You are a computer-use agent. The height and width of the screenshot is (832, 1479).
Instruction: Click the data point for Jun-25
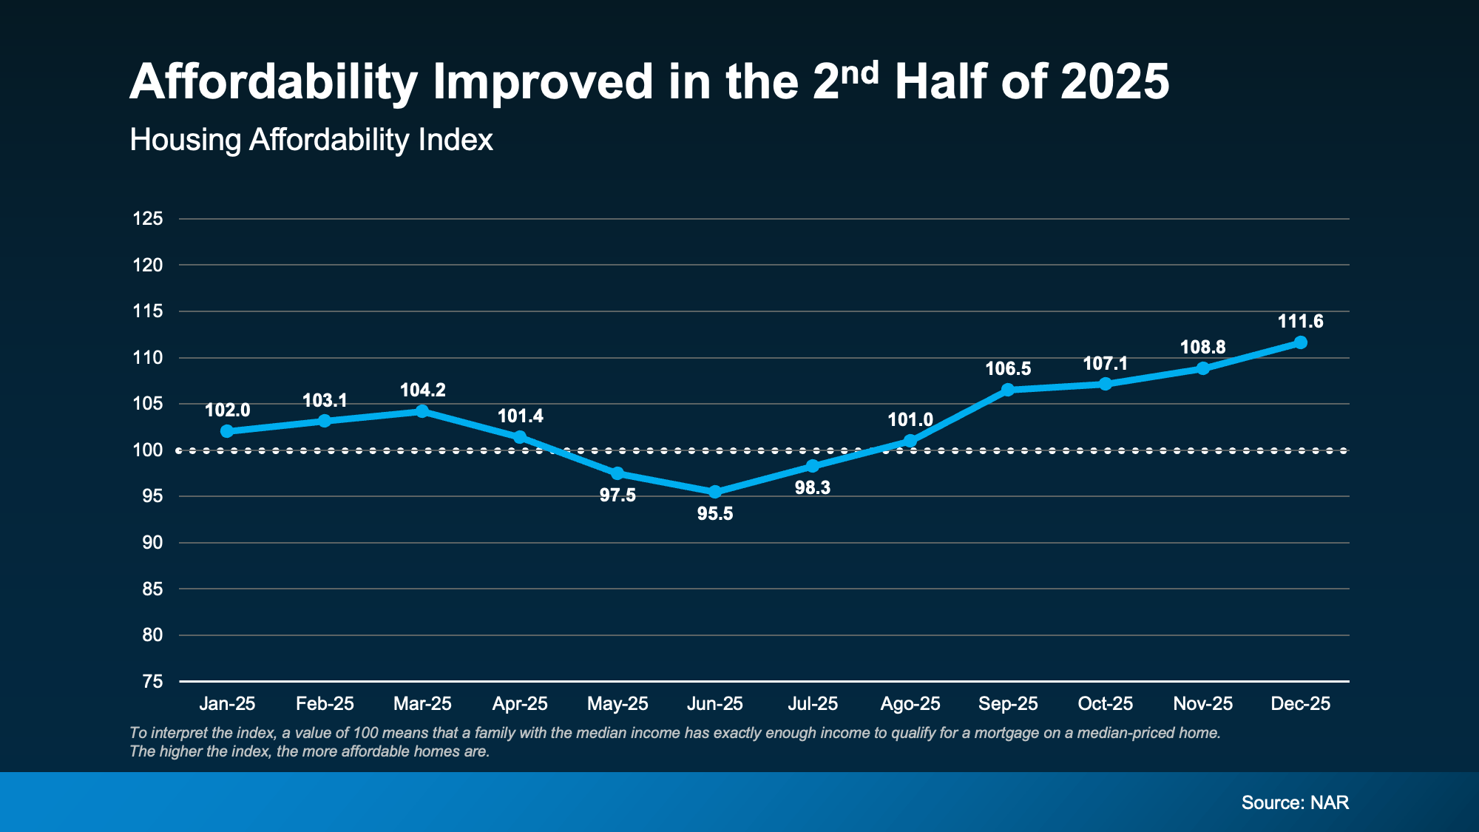[715, 492]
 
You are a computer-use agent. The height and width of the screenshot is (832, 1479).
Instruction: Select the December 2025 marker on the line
[1301, 342]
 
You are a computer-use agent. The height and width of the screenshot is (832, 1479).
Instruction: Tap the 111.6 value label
[1301, 322]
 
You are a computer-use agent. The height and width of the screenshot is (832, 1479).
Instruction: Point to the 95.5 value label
[715, 514]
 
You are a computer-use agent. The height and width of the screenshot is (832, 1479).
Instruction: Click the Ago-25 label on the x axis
[910, 703]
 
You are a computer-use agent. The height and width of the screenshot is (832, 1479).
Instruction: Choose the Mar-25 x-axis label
[422, 703]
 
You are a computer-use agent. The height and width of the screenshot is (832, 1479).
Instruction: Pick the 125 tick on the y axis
[148, 219]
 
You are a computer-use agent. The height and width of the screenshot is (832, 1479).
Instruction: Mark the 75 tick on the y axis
[152, 681]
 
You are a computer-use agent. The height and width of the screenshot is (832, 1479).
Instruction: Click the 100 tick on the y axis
[148, 450]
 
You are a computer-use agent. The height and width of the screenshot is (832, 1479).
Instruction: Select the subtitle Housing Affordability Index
[311, 140]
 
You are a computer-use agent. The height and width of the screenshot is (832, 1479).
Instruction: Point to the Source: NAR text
[1295, 802]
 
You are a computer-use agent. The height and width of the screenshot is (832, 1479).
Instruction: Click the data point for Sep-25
[1008, 390]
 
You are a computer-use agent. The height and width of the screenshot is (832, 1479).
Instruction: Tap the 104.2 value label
[422, 390]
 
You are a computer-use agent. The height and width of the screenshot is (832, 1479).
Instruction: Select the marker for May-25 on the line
[617, 473]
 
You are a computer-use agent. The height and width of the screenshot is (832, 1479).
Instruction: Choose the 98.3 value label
[813, 488]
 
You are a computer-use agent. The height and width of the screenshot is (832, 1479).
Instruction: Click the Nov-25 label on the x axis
[1203, 703]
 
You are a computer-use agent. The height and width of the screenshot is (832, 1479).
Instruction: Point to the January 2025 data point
[227, 431]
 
